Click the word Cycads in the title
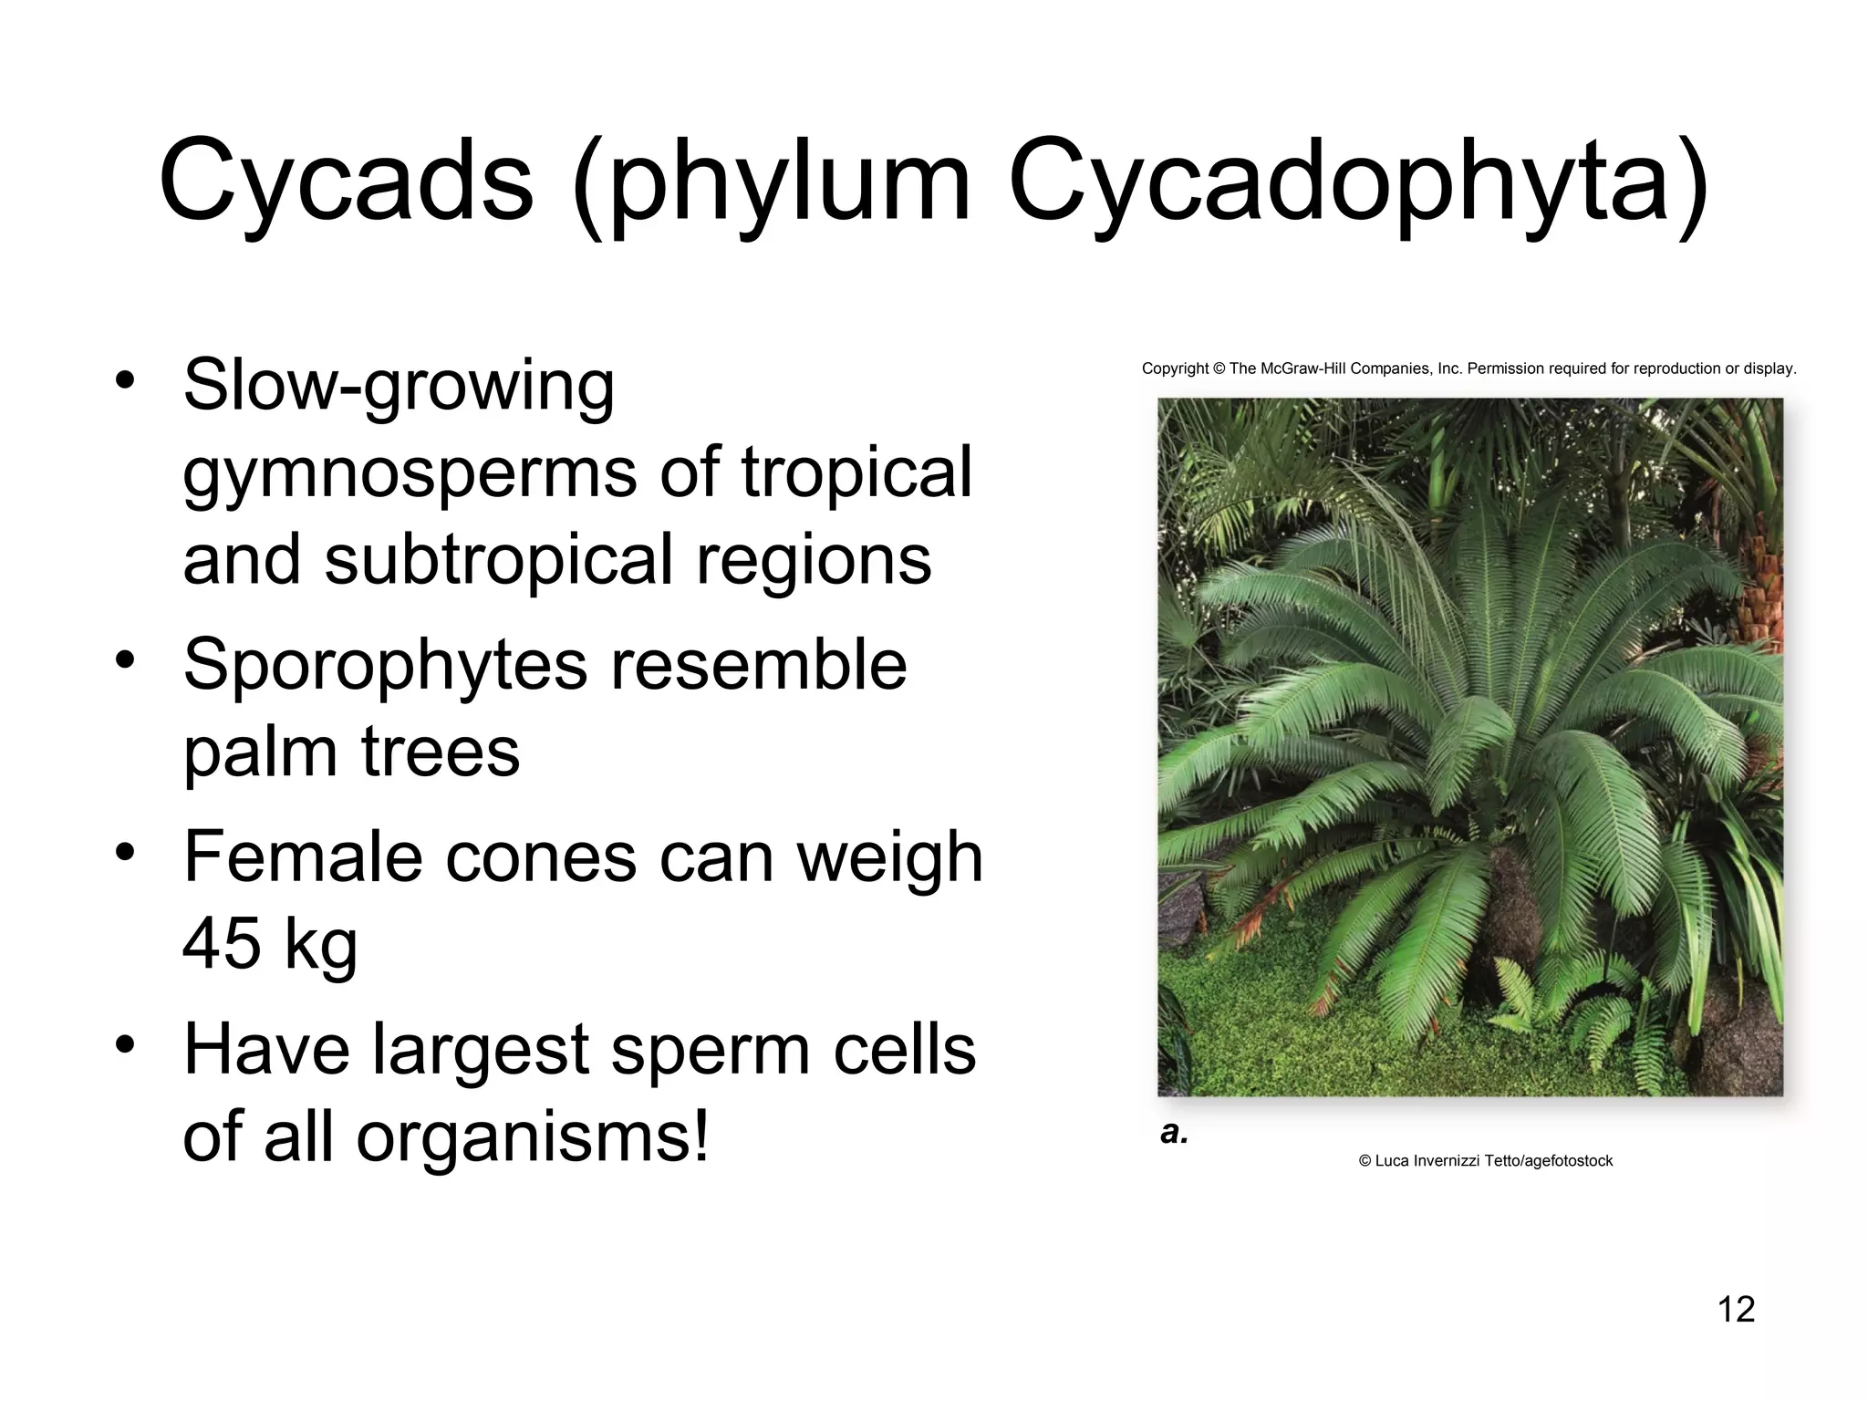tap(346, 180)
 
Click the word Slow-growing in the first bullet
tap(399, 386)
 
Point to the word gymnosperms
tap(410, 473)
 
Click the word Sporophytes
tap(386, 665)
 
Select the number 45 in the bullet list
tap(221, 943)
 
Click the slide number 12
tap(1736, 1309)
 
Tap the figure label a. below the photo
tap(1174, 1133)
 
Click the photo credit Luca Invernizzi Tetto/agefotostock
tap(1486, 1161)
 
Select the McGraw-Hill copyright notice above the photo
tap(1468, 369)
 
